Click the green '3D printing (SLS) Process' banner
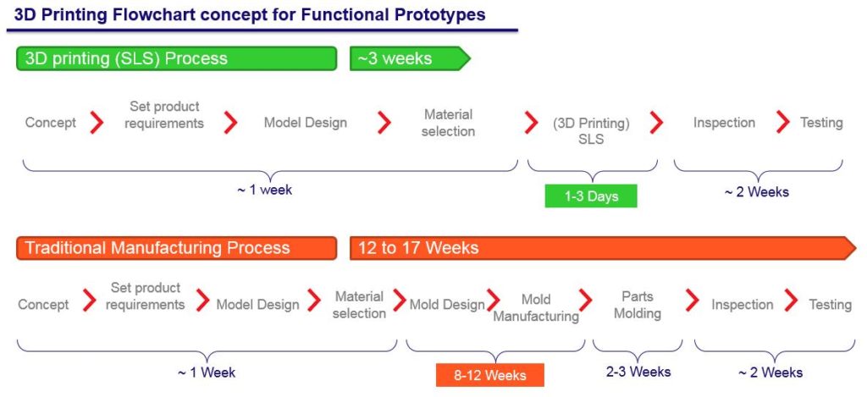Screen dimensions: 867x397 (176, 58)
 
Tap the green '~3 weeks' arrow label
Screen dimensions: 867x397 (410, 58)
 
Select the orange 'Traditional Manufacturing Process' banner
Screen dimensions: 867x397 (176, 248)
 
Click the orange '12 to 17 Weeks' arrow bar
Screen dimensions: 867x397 (603, 248)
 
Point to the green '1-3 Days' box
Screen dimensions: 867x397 (591, 196)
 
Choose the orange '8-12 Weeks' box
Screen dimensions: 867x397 (490, 375)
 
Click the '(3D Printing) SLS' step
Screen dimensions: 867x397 (591, 131)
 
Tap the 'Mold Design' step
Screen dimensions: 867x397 (447, 305)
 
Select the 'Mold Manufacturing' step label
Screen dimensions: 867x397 (536, 308)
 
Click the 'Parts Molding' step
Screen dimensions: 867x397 (638, 306)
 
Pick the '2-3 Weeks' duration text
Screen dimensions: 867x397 (638, 372)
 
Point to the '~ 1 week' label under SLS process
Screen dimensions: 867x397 (265, 190)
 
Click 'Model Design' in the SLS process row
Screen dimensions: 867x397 (305, 122)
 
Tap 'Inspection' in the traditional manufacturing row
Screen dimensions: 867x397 (742, 305)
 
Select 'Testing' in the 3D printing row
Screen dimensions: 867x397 (821, 122)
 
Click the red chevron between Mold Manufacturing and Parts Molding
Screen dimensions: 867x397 (586, 301)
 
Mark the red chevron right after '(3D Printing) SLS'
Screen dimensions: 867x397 (656, 122)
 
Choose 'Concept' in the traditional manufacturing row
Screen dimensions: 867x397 (44, 305)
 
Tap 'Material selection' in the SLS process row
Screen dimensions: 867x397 (449, 123)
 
